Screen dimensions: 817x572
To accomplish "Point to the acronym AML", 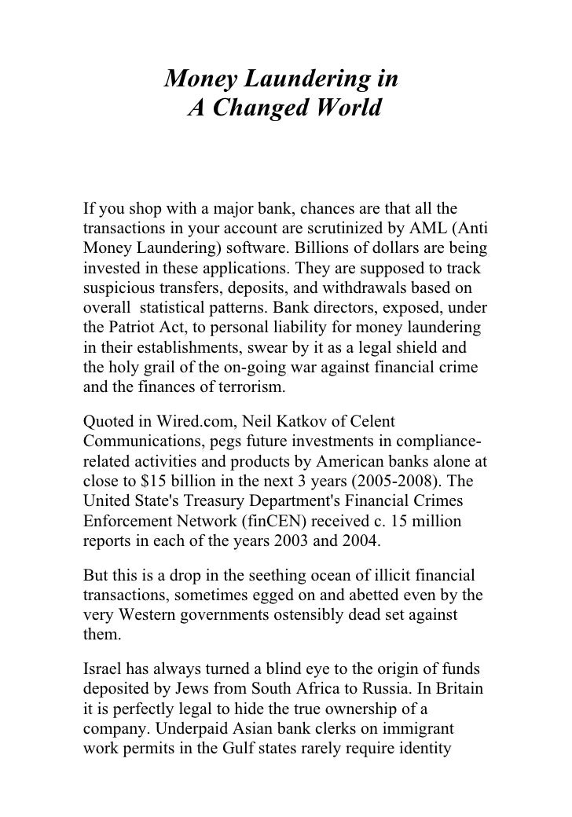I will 435,229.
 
